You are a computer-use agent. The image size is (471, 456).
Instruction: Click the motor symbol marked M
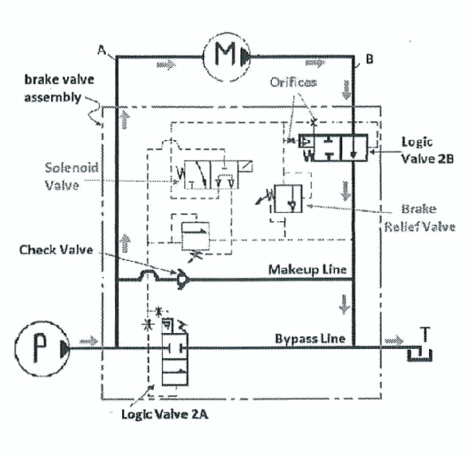pyautogui.click(x=227, y=57)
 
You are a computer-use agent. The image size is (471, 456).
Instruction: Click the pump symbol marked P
pyautogui.click(x=41, y=349)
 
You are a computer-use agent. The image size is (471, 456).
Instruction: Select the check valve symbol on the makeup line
pyautogui.click(x=182, y=279)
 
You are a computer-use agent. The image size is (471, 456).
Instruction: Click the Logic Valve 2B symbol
pyautogui.click(x=333, y=147)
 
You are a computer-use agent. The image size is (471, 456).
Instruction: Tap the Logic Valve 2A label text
pyautogui.click(x=164, y=414)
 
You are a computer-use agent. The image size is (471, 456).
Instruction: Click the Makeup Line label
pyautogui.click(x=308, y=270)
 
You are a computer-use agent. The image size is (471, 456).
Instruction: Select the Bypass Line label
pyautogui.click(x=310, y=339)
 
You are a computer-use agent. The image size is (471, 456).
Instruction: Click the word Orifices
pyautogui.click(x=293, y=82)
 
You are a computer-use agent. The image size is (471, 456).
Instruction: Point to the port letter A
pyautogui.click(x=102, y=50)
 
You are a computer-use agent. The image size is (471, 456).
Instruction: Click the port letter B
pyautogui.click(x=370, y=59)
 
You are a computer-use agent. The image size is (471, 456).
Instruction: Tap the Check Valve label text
pyautogui.click(x=56, y=249)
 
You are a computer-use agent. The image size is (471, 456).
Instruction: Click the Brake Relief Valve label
pyautogui.click(x=420, y=218)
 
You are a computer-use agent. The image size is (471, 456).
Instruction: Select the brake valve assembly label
pyautogui.click(x=59, y=88)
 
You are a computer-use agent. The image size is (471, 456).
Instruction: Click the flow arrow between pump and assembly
pyautogui.click(x=89, y=341)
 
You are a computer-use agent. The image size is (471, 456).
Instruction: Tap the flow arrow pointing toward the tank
pyautogui.click(x=394, y=340)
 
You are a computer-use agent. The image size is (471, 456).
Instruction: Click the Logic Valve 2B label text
pyautogui.click(x=427, y=151)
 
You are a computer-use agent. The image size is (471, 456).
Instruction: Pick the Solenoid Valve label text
pyautogui.click(x=71, y=176)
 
